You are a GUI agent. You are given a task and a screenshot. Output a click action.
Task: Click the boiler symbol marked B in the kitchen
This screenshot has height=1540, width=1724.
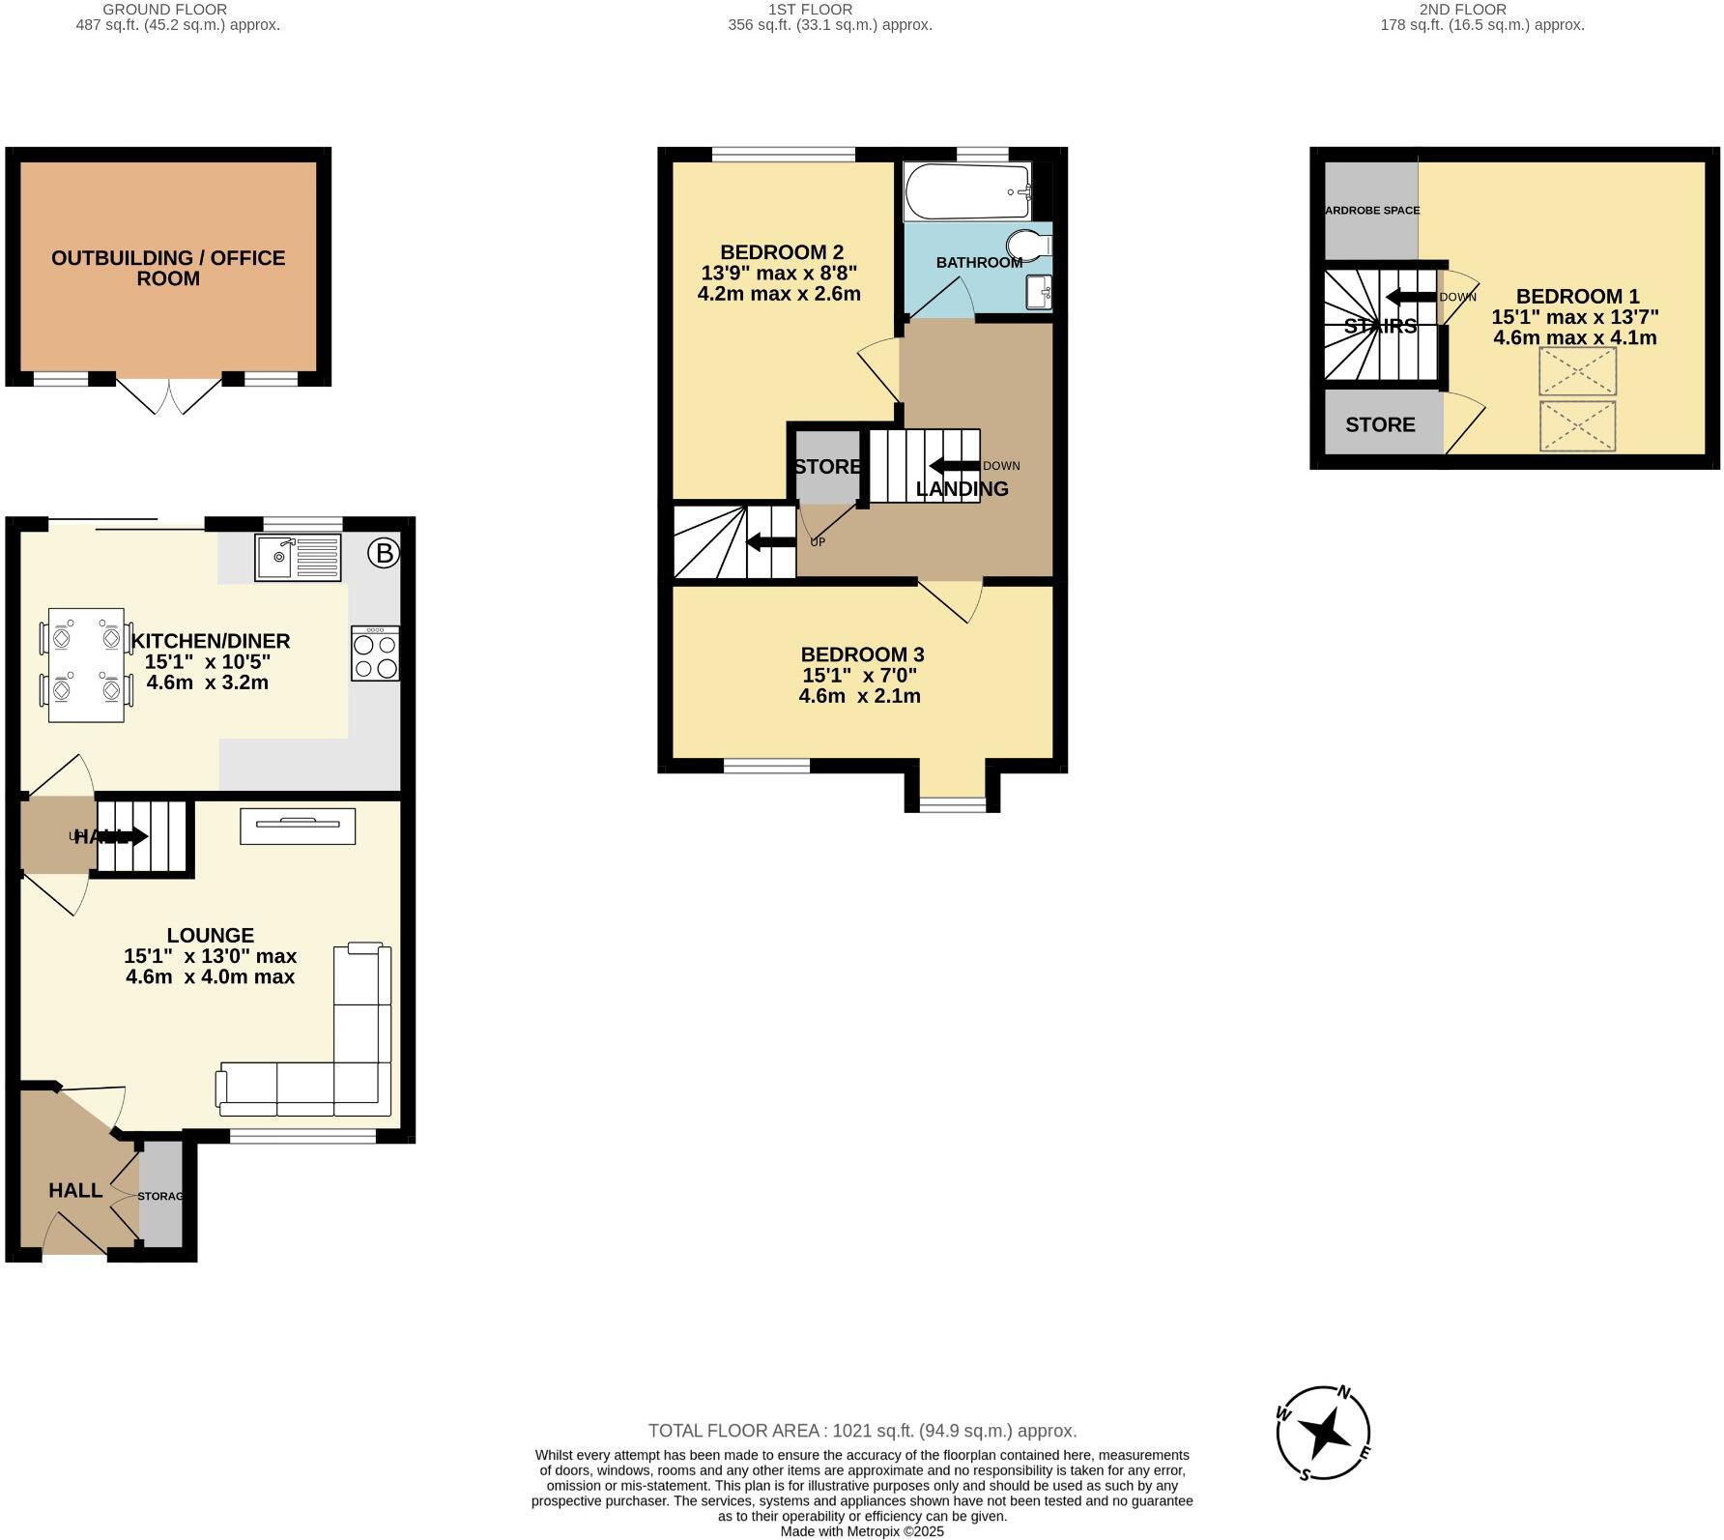pyautogui.click(x=384, y=554)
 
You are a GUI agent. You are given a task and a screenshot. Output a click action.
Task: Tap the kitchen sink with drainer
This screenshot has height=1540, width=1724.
pyautogui.click(x=298, y=558)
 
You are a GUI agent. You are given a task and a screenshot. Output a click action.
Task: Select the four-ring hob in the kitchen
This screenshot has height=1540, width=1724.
pyautogui.click(x=375, y=654)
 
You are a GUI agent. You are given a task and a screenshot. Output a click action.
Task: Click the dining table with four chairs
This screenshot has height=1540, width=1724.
pyautogui.click(x=86, y=665)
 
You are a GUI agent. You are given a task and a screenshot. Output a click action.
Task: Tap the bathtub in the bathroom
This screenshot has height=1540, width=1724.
pyautogui.click(x=968, y=191)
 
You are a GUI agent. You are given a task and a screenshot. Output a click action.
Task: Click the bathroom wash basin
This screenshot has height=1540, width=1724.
pyautogui.click(x=1040, y=292)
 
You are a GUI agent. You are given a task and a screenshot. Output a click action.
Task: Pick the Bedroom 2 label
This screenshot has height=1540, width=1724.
pyautogui.click(x=781, y=252)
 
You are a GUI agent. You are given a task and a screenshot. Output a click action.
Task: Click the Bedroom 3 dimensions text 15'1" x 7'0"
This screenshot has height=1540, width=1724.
pyautogui.click(x=859, y=676)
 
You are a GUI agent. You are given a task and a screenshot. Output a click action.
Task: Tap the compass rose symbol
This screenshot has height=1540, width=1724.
pyautogui.click(x=1323, y=1433)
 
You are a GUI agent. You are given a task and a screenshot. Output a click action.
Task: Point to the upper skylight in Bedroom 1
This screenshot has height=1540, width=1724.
pyautogui.click(x=1577, y=371)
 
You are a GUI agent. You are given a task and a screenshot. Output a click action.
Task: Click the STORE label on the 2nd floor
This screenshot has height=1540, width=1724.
pyautogui.click(x=1380, y=424)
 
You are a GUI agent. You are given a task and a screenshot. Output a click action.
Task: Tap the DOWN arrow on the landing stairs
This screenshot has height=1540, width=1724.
pyautogui.click(x=954, y=466)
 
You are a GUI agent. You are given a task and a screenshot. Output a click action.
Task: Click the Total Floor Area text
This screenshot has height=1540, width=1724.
pyautogui.click(x=861, y=1431)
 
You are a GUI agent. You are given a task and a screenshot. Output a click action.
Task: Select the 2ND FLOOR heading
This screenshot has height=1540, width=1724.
pyautogui.click(x=1482, y=9)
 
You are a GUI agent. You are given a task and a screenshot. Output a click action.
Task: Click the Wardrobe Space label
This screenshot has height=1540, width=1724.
pyautogui.click(x=1371, y=210)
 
